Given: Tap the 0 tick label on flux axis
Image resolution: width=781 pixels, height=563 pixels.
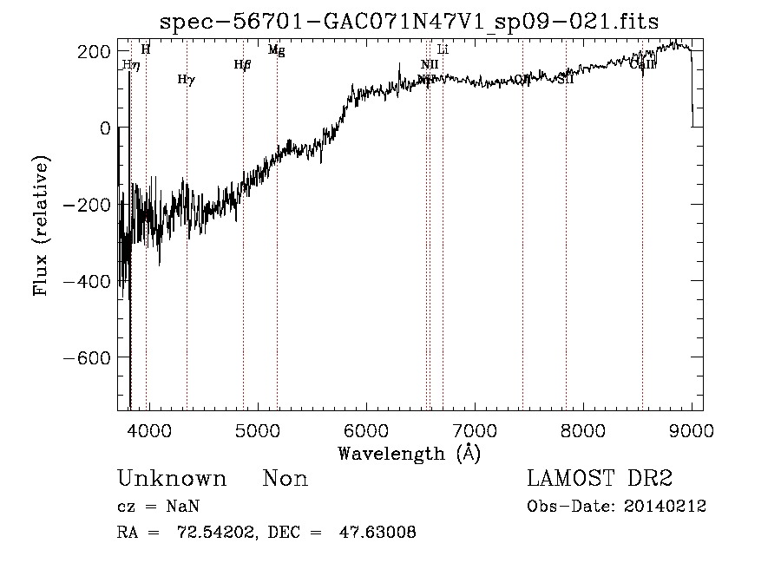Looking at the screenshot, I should [x=104, y=128].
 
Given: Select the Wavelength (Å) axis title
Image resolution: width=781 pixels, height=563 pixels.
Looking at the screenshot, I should [x=409, y=453].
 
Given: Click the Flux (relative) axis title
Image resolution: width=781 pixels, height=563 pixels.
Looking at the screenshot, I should [x=42, y=225].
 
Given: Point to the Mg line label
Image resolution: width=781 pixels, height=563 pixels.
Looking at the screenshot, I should [x=276, y=50].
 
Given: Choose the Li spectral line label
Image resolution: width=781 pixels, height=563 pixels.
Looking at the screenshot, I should [x=443, y=50].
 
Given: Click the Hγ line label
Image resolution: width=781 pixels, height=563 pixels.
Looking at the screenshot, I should [x=186, y=80].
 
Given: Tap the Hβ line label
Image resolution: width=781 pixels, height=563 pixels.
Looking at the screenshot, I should [x=242, y=64].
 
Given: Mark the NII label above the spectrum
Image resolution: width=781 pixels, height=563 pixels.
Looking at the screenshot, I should [x=430, y=65].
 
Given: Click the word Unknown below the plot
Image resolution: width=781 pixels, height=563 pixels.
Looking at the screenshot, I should [x=172, y=479].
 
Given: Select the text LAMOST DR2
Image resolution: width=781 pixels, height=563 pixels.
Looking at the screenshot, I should [x=600, y=479].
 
